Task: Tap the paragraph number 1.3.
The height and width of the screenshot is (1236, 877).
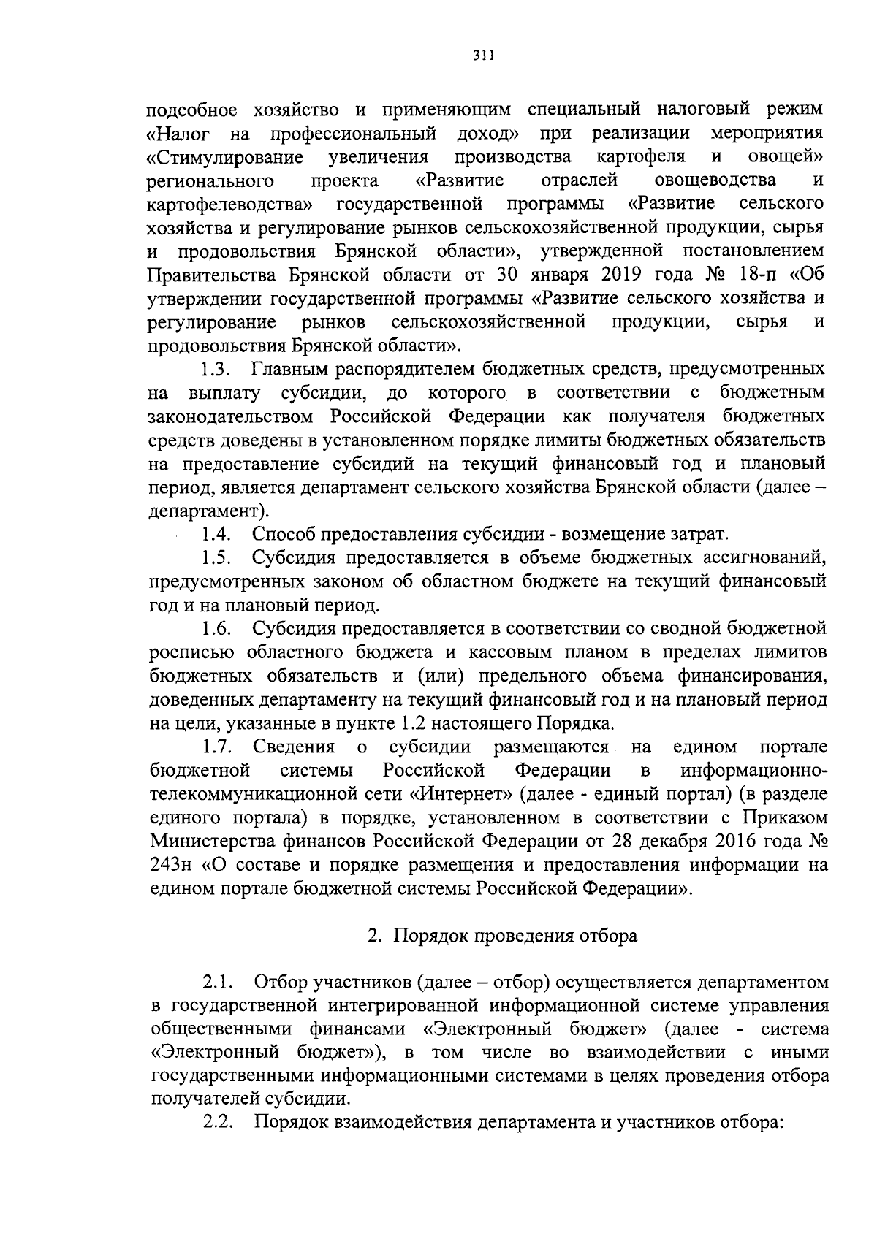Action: click(x=217, y=369)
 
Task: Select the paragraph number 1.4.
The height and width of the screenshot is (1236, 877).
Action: click(x=217, y=535)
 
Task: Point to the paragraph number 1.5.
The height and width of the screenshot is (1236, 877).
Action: click(x=217, y=559)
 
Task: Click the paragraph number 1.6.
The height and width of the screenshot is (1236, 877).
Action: click(x=217, y=628)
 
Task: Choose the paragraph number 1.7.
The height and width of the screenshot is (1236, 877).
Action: click(x=217, y=747)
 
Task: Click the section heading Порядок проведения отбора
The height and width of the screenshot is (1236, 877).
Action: click(x=515, y=936)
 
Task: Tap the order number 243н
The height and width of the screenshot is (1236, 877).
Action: click(x=170, y=866)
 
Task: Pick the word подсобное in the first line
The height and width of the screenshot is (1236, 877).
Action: click(x=191, y=110)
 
